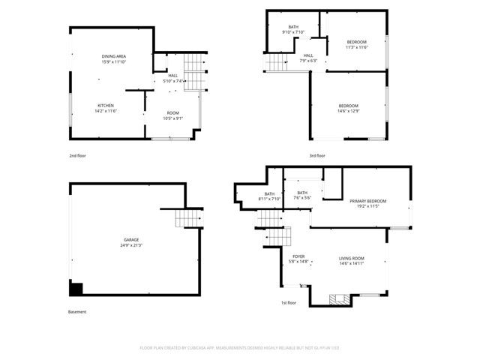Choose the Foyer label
click(x=298, y=259)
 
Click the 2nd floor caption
click(x=77, y=156)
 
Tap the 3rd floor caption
click(x=317, y=156)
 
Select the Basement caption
click(x=77, y=312)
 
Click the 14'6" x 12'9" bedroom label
click(x=348, y=108)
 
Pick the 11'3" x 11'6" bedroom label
click(x=356, y=44)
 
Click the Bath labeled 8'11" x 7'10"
click(x=268, y=196)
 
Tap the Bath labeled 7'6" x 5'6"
click(x=302, y=195)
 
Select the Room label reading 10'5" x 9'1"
click(x=172, y=115)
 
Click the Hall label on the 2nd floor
click(x=173, y=78)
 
